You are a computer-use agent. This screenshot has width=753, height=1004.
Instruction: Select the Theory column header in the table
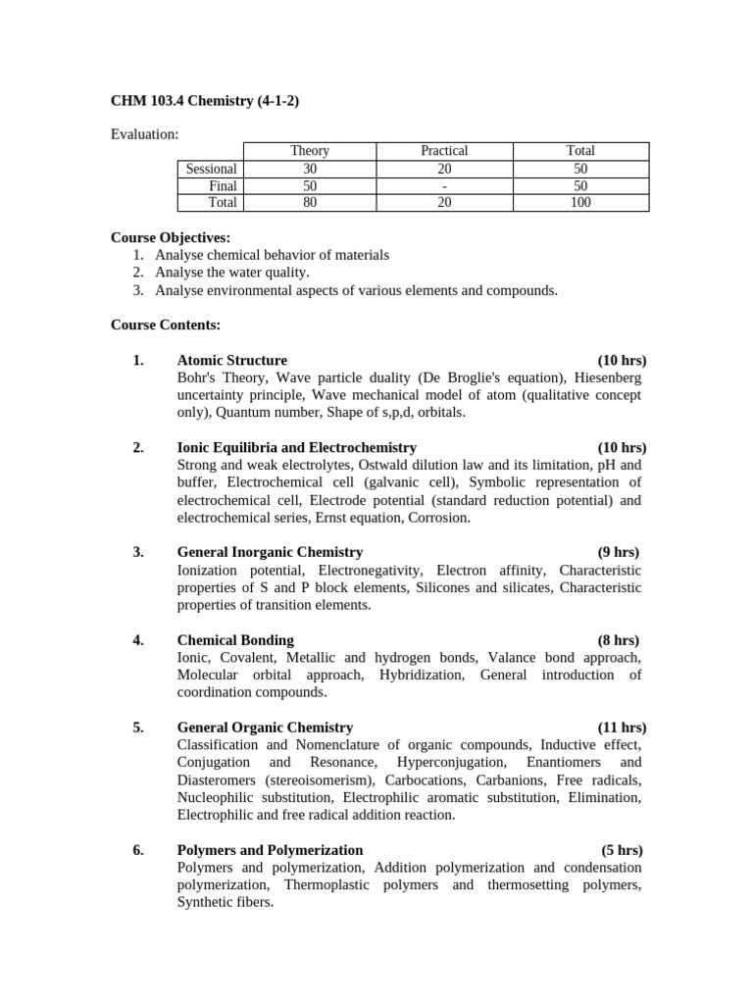(310, 151)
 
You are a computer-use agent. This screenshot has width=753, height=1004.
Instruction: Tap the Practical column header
(444, 151)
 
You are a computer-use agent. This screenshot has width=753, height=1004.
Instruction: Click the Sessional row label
(212, 169)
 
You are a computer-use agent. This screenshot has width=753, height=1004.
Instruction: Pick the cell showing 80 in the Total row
(310, 203)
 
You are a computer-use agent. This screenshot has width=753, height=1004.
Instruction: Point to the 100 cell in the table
(580, 203)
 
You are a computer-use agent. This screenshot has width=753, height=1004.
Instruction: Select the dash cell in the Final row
(444, 186)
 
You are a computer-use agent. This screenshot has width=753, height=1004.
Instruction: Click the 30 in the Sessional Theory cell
(310, 169)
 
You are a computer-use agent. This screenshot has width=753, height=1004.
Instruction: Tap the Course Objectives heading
(171, 237)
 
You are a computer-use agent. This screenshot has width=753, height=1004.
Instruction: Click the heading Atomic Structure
(231, 360)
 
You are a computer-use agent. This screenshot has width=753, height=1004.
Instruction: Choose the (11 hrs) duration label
(622, 728)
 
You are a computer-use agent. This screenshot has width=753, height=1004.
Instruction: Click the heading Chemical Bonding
(234, 640)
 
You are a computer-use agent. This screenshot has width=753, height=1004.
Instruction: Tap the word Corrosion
(439, 518)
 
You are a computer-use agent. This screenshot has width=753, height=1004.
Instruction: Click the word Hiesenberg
(602, 377)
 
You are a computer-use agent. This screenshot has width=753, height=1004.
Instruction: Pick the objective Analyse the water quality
(232, 273)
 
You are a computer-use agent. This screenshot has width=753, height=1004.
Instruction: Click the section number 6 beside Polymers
(137, 850)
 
